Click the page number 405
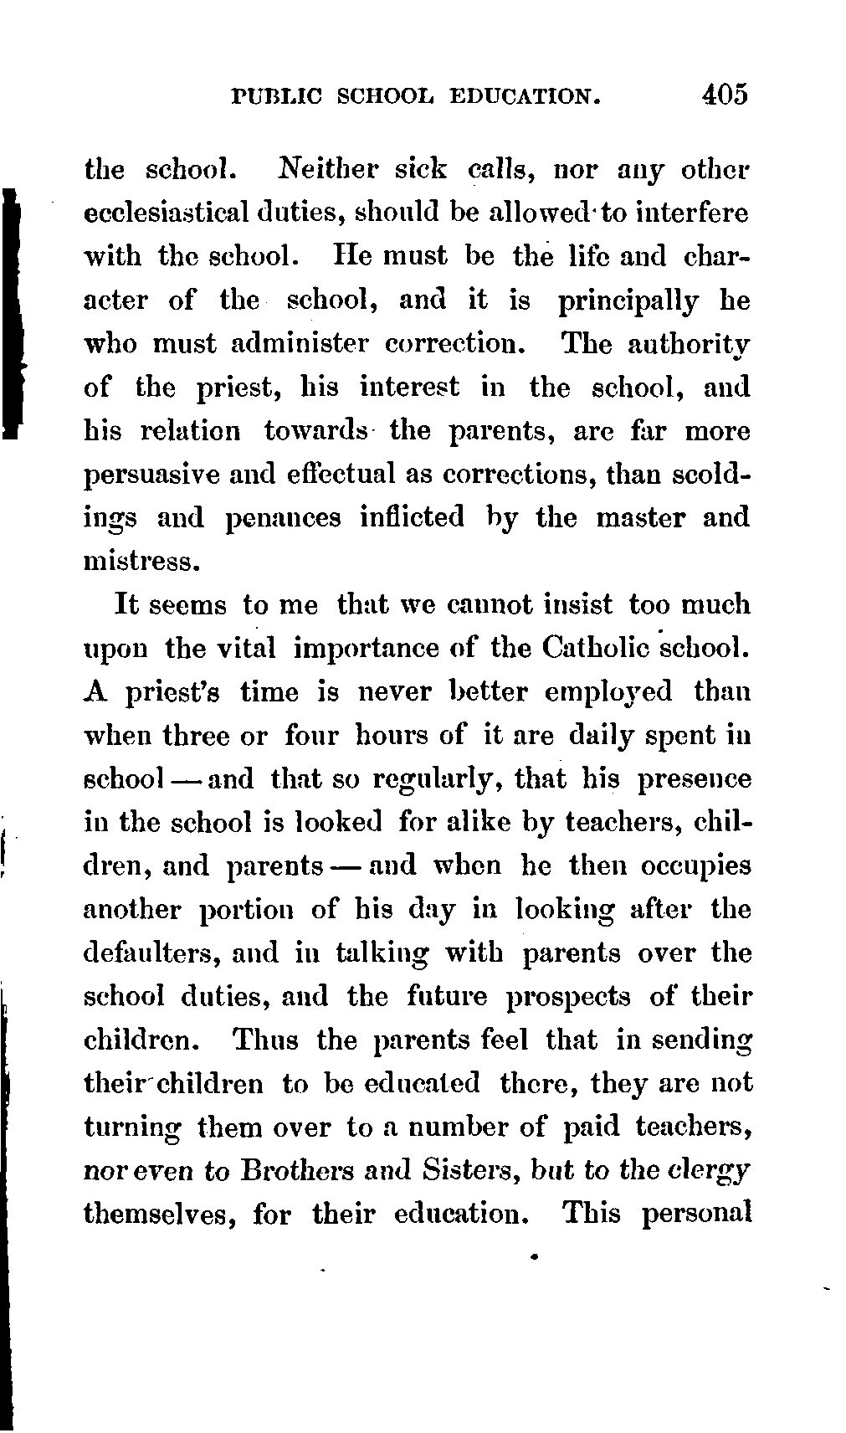(725, 93)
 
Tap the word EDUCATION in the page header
(526, 95)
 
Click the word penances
(285, 519)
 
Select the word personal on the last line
(695, 1214)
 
